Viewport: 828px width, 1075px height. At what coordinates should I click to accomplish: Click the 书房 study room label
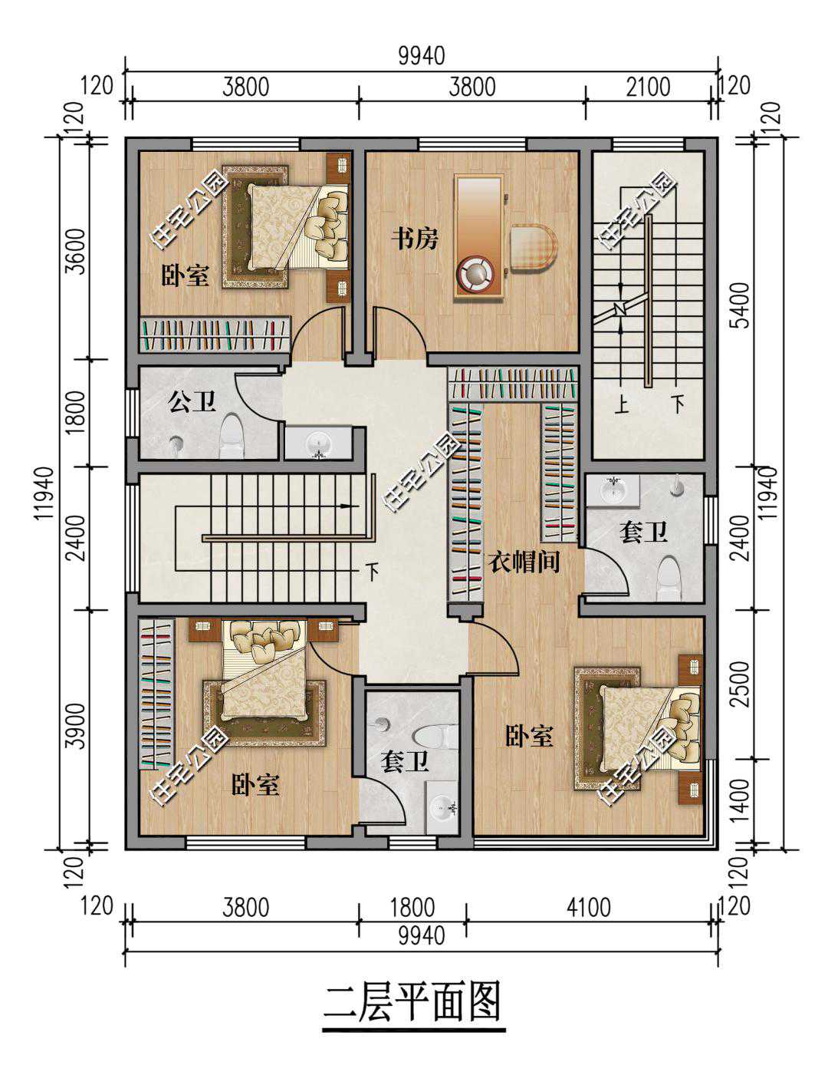click(415, 239)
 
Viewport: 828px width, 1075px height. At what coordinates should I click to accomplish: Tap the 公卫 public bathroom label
click(192, 401)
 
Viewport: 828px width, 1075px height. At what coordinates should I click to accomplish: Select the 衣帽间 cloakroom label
click(524, 562)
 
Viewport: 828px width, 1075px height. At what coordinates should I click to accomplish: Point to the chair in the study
click(534, 247)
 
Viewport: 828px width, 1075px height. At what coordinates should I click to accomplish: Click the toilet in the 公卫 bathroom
click(232, 436)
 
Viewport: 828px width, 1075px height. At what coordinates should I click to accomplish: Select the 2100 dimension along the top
click(648, 87)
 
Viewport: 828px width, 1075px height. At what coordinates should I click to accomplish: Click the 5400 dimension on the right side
click(741, 305)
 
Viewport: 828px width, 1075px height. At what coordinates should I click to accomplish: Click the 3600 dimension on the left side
click(76, 251)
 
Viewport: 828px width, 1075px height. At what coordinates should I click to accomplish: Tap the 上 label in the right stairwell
click(622, 405)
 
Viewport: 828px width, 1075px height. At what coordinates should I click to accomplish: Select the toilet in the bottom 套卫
click(436, 736)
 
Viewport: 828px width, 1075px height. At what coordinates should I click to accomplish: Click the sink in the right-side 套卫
click(613, 490)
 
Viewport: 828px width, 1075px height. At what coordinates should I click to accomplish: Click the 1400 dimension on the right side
click(741, 801)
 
